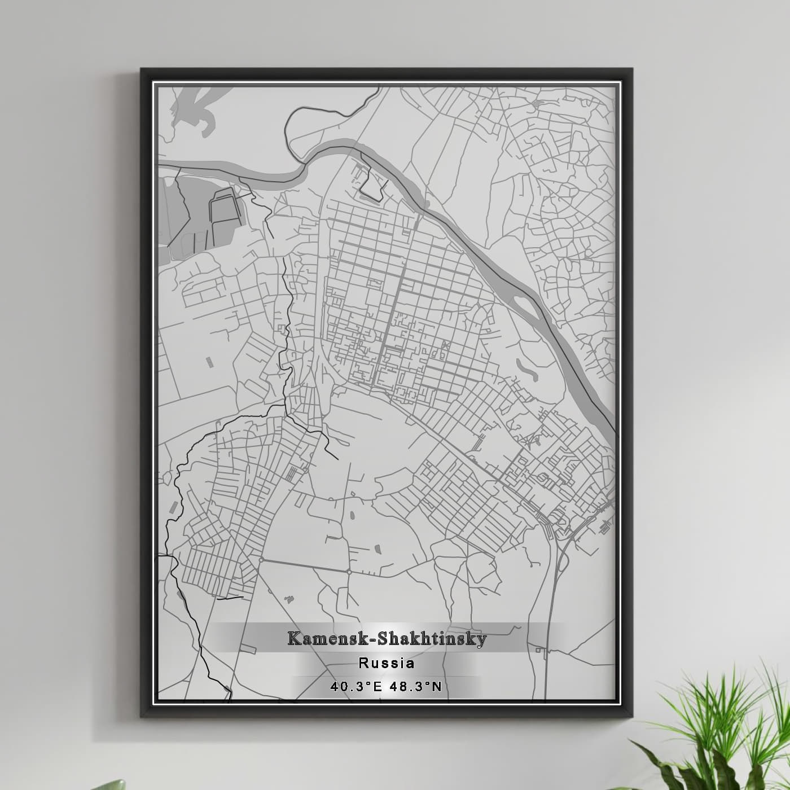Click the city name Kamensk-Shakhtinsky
pyautogui.click(x=387, y=639)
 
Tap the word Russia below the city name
pyautogui.click(x=387, y=663)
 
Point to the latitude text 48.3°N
pyautogui.click(x=418, y=687)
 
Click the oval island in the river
pyautogui.click(x=525, y=305)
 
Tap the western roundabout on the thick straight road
pyautogui.click(x=261, y=559)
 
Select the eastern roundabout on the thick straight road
pyautogui.click(x=349, y=572)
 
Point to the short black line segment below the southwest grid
pyautogui.click(x=230, y=598)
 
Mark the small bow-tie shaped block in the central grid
pyautogui.click(x=447, y=344)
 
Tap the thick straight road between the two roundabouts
pyautogui.click(x=305, y=565)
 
